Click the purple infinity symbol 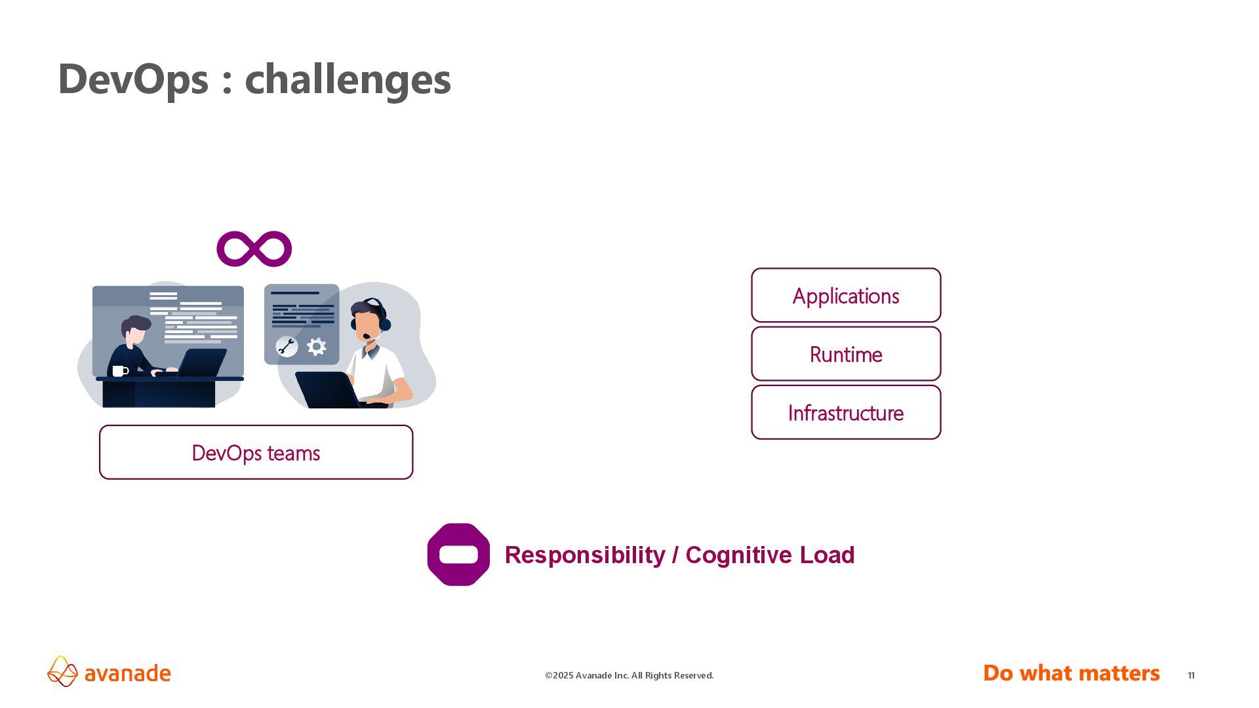(x=254, y=249)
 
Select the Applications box (x=846, y=296)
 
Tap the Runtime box (x=846, y=354)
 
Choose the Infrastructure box (x=846, y=412)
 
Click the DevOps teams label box (x=256, y=452)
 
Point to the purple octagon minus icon (x=458, y=555)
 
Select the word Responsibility (x=585, y=555)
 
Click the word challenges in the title (x=348, y=79)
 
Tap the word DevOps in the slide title (x=133, y=79)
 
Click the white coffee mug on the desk (x=119, y=371)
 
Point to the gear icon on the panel (x=317, y=347)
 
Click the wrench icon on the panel (x=287, y=346)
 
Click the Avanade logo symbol (x=63, y=671)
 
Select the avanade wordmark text (x=128, y=673)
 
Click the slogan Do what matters (x=1071, y=673)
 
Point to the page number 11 (x=1191, y=675)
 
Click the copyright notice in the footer (x=629, y=675)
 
